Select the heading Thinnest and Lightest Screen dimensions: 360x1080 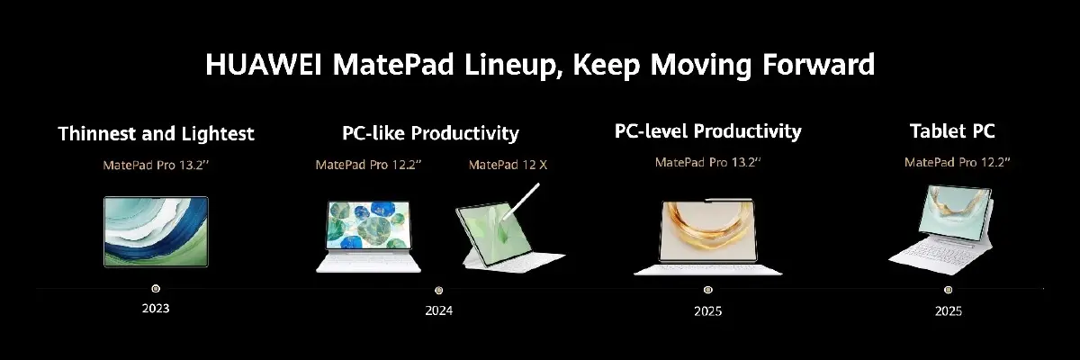(x=156, y=134)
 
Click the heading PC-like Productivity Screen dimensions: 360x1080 (x=430, y=133)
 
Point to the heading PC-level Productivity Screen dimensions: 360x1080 (x=707, y=131)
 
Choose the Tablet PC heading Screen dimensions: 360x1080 (x=951, y=131)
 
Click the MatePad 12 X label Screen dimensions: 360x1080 (x=508, y=165)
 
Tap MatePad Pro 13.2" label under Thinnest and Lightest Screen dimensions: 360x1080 (x=156, y=165)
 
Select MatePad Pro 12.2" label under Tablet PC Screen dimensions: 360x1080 (x=958, y=162)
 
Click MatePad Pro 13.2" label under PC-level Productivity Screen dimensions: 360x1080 (x=707, y=162)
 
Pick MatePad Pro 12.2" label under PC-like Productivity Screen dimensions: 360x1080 (x=369, y=165)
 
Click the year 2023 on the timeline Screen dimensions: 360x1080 (x=155, y=309)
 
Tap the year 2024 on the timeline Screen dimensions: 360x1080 (x=438, y=311)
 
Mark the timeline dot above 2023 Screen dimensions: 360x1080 (x=156, y=289)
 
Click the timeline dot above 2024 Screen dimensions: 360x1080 (x=438, y=290)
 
